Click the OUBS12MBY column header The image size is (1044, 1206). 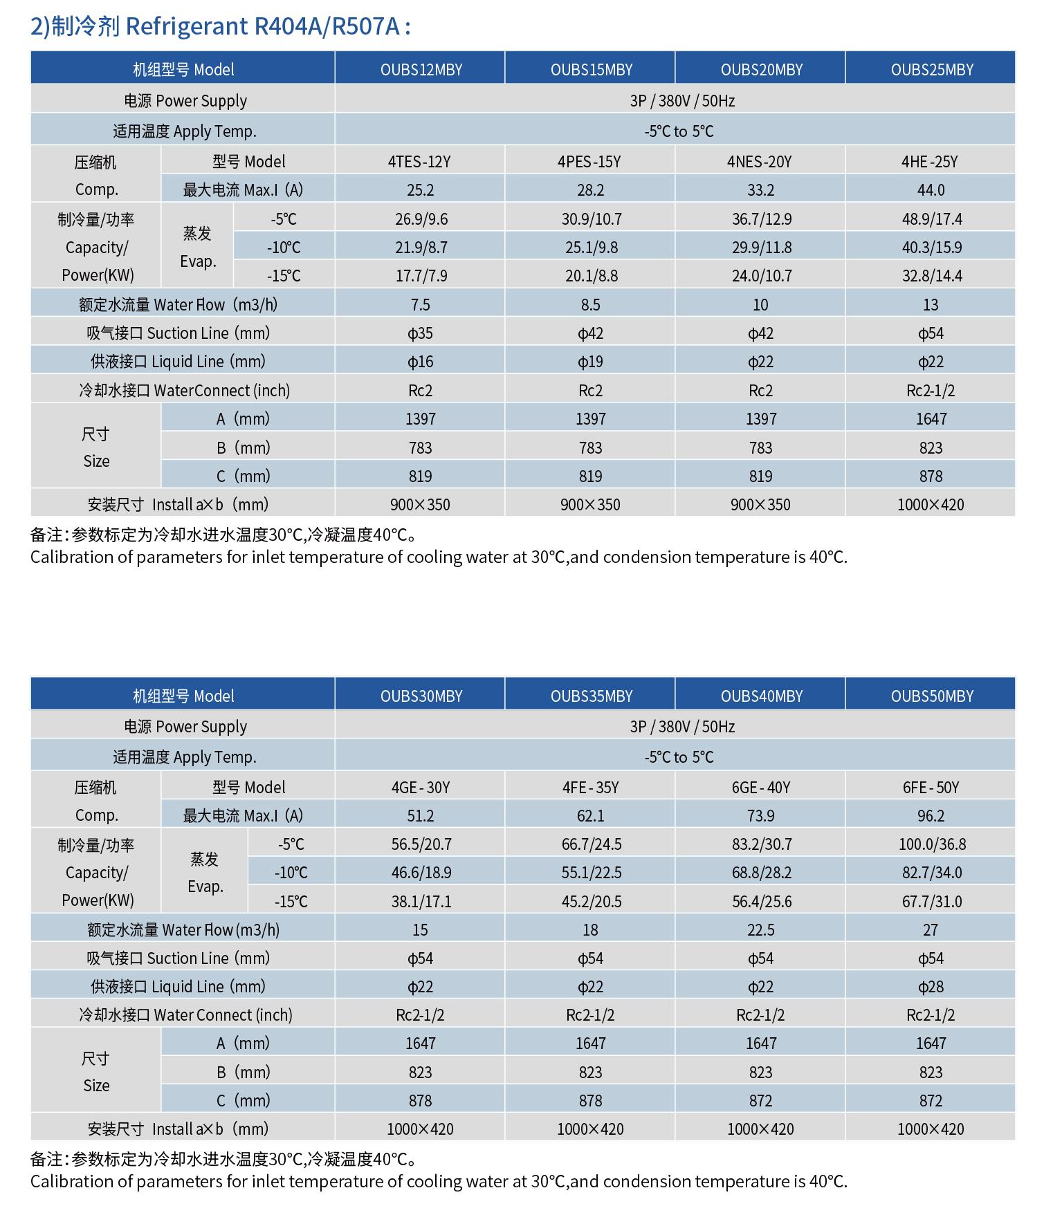(421, 70)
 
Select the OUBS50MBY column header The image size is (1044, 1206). (931, 696)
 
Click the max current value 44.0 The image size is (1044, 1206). (931, 190)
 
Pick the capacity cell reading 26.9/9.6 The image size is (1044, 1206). (421, 219)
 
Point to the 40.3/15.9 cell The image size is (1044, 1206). (931, 248)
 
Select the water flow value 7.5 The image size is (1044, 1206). (420, 305)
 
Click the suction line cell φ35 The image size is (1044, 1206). (420, 333)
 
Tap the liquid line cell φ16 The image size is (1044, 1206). (420, 362)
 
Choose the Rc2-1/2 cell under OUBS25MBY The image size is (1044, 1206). (931, 391)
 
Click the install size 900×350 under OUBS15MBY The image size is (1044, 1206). (590, 505)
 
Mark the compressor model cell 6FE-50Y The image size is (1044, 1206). (931, 788)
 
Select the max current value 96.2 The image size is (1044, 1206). (931, 816)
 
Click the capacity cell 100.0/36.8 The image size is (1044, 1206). (932, 844)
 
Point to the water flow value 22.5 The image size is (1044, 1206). (760, 930)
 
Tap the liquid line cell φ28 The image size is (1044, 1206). (931, 987)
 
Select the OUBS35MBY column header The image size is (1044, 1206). (591, 696)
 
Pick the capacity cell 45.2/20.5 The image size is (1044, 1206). (591, 902)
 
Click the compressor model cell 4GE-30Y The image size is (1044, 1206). (420, 788)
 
